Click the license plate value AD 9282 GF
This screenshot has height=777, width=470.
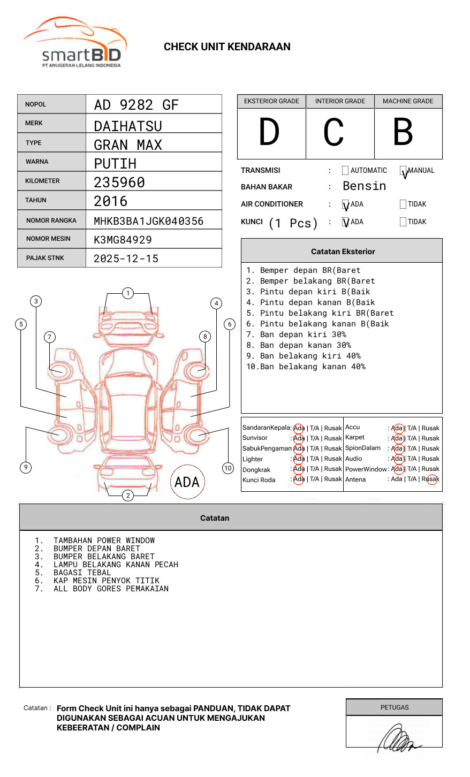point(136,105)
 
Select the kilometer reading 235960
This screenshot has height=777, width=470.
point(119,182)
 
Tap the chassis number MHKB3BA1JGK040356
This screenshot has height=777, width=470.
point(148,221)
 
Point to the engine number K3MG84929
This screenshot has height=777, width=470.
point(123,240)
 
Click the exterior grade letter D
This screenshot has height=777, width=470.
point(269,132)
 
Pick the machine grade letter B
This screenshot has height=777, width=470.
point(403,132)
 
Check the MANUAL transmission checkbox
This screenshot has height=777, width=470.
point(403,171)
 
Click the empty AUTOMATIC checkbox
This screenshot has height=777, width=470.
point(345,171)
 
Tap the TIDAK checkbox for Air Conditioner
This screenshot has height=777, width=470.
point(403,204)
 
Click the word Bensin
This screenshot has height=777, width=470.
point(364,186)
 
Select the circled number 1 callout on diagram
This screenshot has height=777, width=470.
point(127,293)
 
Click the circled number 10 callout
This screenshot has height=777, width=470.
point(228,468)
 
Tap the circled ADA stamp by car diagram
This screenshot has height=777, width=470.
point(187,482)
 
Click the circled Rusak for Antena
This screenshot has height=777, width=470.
point(431,479)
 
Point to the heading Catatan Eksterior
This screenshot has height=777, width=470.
point(343,252)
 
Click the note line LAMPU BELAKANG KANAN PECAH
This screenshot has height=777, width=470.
point(116,565)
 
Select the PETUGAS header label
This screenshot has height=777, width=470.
point(395,707)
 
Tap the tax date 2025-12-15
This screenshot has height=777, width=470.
point(126,258)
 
